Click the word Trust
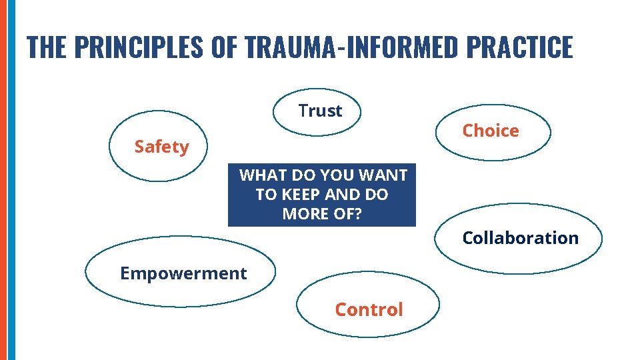[320, 111]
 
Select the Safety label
[161, 147]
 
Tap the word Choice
[491, 131]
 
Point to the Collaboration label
[520, 238]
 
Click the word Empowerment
[183, 273]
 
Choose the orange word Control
[369, 309]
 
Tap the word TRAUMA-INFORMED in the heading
[351, 47]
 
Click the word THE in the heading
[47, 47]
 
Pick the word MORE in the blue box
[306, 215]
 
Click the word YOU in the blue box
[337, 175]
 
